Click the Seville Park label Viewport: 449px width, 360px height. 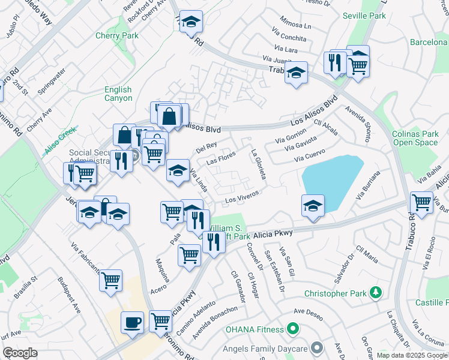[x=364, y=16]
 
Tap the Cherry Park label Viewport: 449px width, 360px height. [x=117, y=36]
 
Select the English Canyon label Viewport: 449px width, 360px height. [x=118, y=94]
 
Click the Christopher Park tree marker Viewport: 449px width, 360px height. [x=376, y=293]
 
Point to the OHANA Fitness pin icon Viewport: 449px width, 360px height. [x=292, y=329]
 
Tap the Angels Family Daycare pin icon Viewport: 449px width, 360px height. [x=318, y=348]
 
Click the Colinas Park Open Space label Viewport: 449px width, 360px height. [x=415, y=139]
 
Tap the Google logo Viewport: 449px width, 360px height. [x=19, y=353]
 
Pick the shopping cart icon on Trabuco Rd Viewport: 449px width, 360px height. [x=422, y=202]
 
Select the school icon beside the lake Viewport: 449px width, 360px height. [x=313, y=205]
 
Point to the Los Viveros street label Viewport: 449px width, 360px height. [x=241, y=196]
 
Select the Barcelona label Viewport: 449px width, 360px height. [x=429, y=43]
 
